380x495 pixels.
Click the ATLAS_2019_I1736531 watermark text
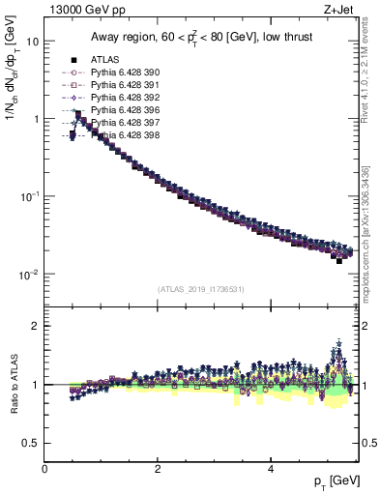[200, 288]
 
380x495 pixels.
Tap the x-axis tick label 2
[158, 469]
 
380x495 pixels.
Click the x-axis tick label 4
[271, 469]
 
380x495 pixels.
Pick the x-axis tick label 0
[44, 469]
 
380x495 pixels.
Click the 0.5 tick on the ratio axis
[31, 443]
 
